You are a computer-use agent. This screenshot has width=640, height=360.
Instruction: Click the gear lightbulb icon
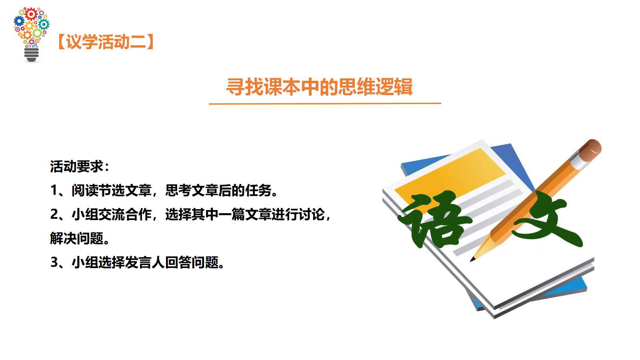point(32,34)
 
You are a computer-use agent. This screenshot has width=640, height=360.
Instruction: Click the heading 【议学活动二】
point(106,42)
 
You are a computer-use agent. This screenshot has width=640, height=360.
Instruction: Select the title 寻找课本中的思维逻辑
point(320,86)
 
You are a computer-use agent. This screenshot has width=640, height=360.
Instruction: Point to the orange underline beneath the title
point(325,104)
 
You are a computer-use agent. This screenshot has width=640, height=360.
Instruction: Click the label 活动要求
point(76,166)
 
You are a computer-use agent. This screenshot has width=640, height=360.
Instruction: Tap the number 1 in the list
point(54,190)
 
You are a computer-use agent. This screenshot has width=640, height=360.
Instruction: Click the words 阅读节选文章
point(112,190)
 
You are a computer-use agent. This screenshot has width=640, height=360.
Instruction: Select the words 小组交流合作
point(112,214)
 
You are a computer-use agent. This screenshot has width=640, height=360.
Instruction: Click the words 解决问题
point(76,238)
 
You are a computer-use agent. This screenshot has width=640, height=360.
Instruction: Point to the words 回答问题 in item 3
point(192,262)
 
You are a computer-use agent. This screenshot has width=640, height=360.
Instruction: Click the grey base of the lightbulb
point(32,55)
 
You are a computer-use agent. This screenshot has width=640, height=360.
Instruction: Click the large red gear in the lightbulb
point(31,14)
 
